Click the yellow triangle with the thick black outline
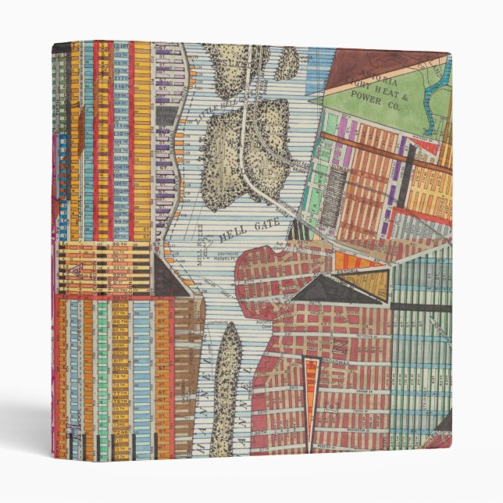tap(367, 281)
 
